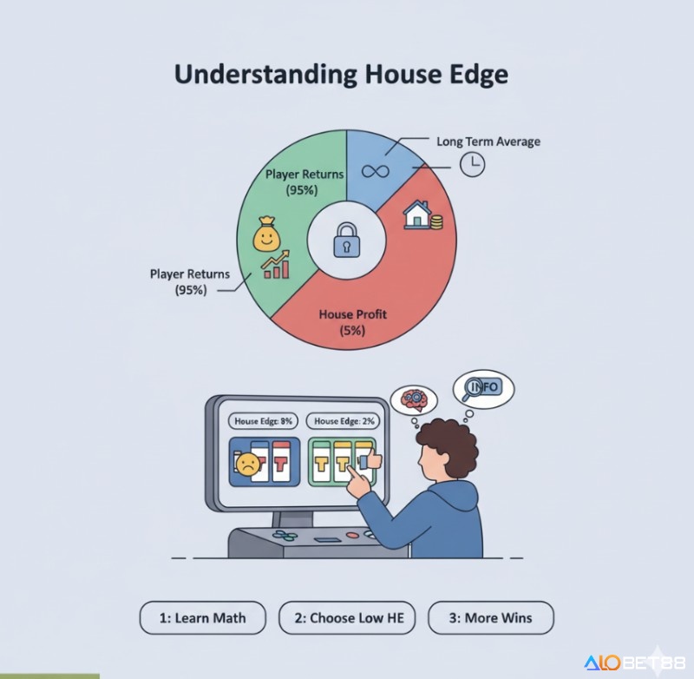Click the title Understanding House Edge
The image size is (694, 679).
point(341,74)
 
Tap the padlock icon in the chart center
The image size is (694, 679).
point(346,241)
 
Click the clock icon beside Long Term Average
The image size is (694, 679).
point(472,165)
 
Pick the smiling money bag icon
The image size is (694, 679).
point(267,234)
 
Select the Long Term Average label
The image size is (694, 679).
point(488,141)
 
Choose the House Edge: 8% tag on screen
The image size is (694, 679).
point(263,421)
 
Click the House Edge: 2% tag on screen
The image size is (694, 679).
point(344,421)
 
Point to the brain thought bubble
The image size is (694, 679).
point(410,400)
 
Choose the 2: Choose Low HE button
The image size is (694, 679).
point(347,618)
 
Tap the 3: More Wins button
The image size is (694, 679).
point(491,618)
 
